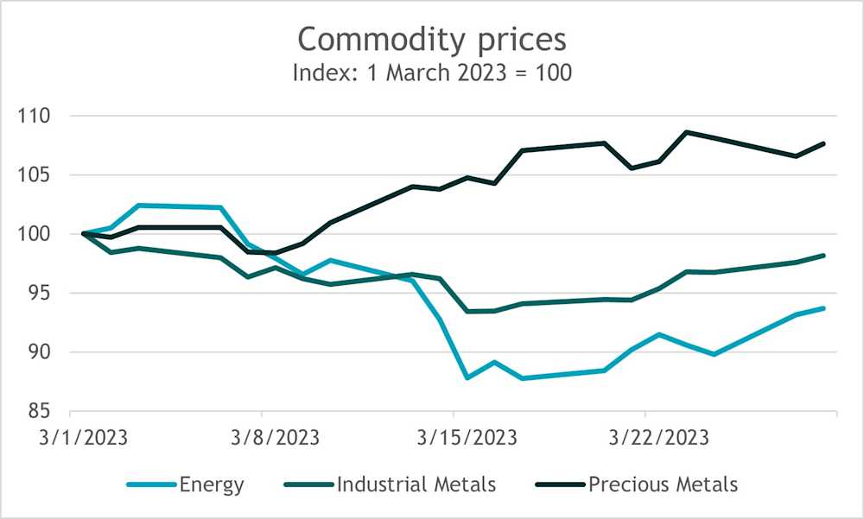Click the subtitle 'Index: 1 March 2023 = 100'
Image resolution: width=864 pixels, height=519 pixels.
point(431,73)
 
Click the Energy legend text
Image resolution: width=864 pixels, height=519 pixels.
point(212,484)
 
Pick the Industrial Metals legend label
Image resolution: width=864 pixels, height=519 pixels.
point(417,484)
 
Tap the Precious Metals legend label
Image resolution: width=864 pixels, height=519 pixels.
point(663,484)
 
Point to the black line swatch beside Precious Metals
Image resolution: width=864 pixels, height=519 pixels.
point(558,484)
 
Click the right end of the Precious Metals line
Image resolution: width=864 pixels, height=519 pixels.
point(824,143)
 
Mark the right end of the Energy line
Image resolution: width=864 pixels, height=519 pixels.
point(824,308)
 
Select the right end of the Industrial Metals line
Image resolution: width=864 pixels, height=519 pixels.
point(824,256)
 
